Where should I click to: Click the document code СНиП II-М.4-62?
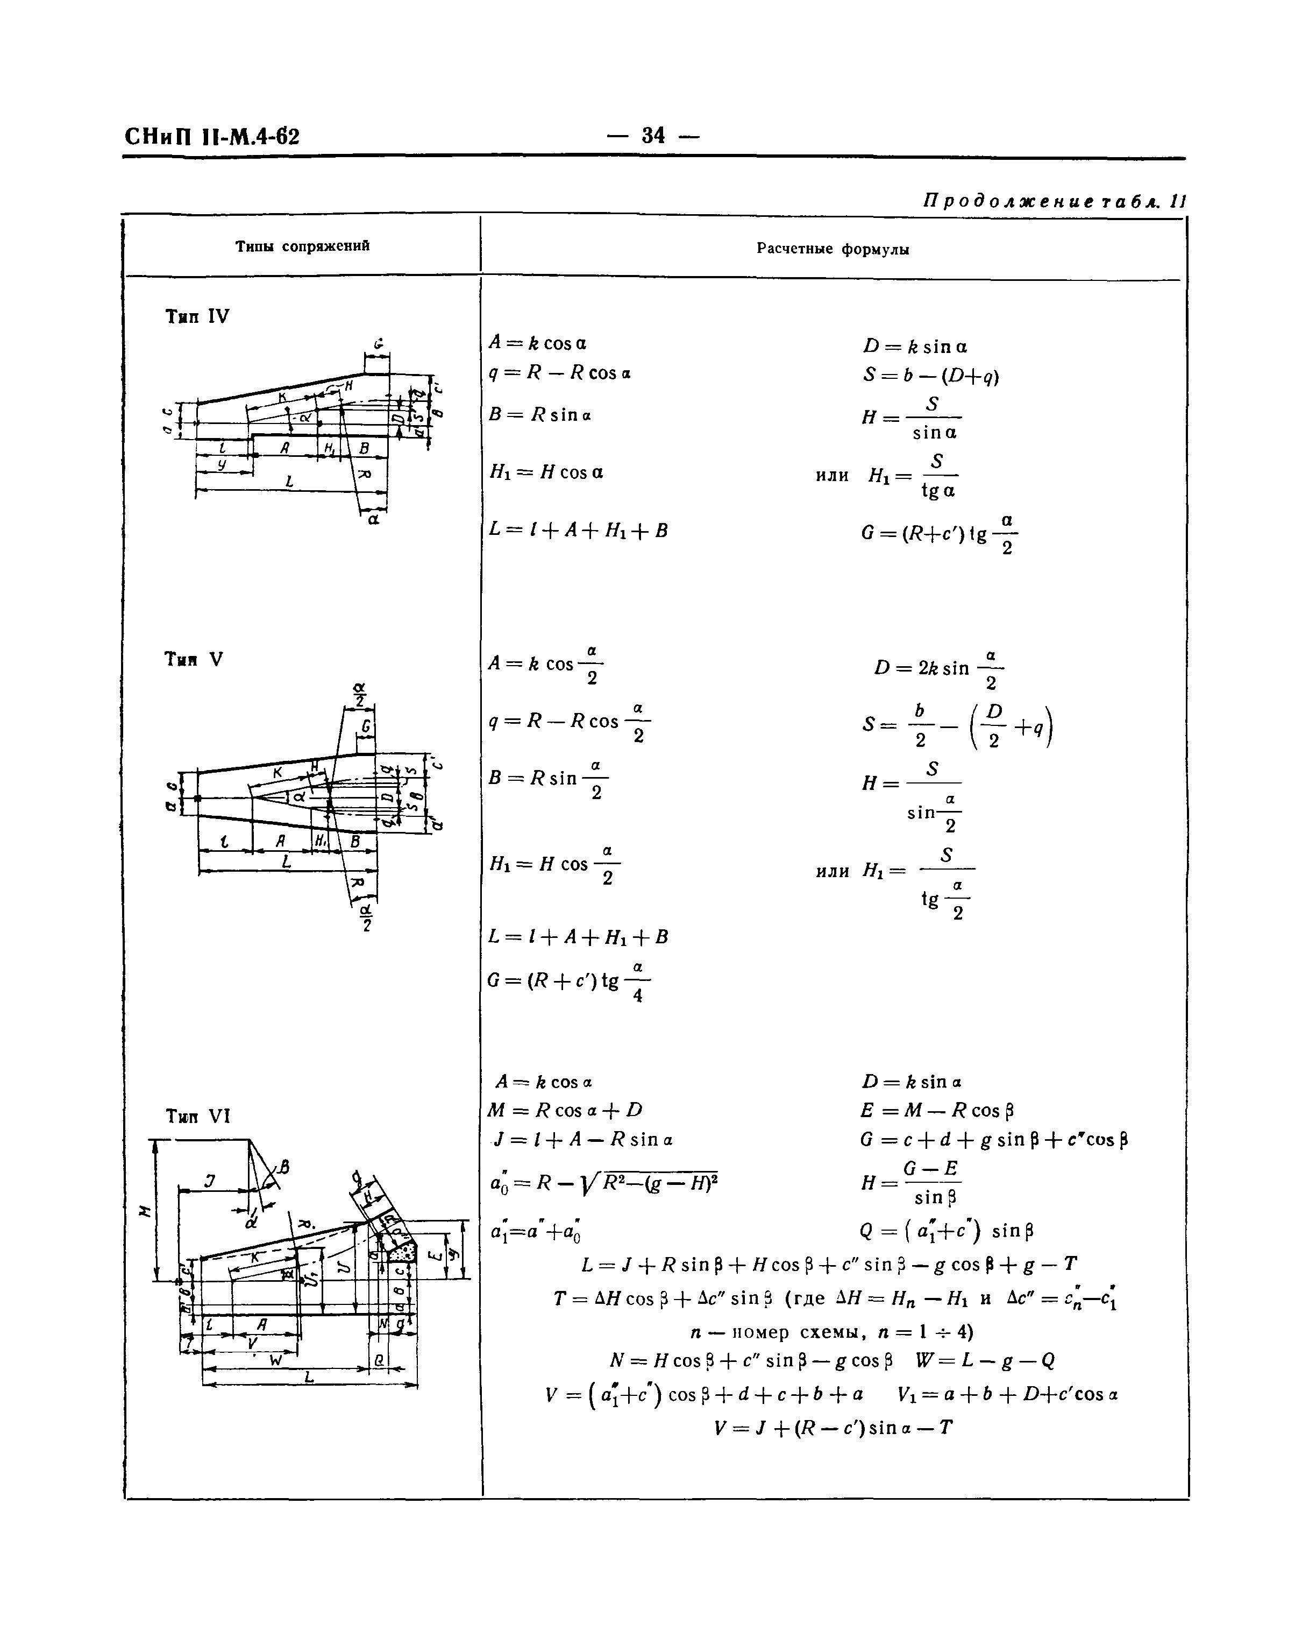pos(211,137)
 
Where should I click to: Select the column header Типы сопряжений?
pos(303,245)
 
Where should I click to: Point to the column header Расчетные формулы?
pos(833,249)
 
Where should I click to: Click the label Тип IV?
pos(197,316)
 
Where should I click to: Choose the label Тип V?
pos(194,660)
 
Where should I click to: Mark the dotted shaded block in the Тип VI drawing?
pos(402,1251)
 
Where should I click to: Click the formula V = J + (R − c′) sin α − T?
pos(833,1428)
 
